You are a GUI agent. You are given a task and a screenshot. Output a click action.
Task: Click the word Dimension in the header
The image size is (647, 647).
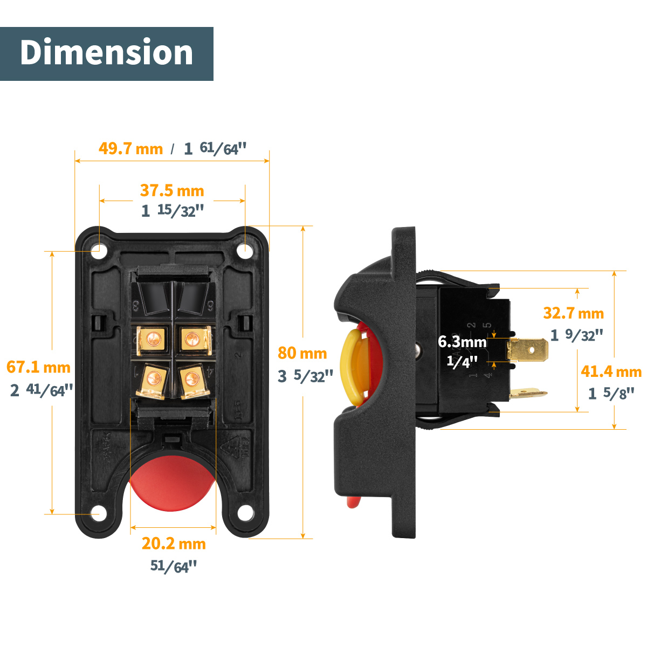(106, 53)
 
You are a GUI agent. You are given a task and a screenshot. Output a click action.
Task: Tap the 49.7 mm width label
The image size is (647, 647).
(130, 148)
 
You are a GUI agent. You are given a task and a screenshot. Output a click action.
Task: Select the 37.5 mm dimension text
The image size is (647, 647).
(172, 190)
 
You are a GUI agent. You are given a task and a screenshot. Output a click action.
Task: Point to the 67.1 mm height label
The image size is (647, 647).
(39, 367)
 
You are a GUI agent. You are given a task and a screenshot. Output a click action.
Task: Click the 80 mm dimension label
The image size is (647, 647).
(302, 353)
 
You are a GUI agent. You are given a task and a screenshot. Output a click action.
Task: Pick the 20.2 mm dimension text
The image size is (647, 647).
(174, 543)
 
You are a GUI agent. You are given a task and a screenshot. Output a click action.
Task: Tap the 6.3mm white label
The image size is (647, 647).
(462, 342)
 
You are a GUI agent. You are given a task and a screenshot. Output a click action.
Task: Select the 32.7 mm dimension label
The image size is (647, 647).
(573, 313)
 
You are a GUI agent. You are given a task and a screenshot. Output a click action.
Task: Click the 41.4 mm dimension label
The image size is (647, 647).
(611, 371)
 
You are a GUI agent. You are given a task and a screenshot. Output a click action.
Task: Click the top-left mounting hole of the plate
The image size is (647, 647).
(99, 251)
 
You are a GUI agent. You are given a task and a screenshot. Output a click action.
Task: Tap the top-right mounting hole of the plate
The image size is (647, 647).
(245, 250)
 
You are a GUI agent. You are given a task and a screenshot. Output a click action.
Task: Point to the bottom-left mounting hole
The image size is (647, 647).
(98, 513)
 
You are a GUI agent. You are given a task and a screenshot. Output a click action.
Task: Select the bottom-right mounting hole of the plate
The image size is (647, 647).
(246, 513)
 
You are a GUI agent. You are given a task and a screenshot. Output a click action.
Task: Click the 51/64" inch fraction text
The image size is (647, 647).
(174, 566)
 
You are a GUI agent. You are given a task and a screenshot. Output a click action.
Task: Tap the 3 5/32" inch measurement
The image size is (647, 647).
(305, 376)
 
